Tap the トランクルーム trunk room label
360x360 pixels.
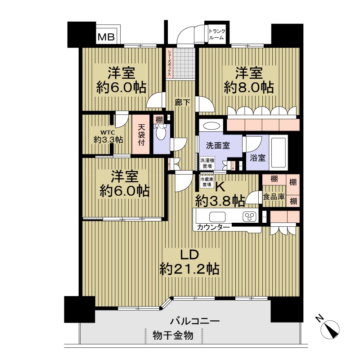click(216, 35)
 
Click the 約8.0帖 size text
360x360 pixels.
click(249, 87)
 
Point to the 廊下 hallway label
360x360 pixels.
click(182, 103)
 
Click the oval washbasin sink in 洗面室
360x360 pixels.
click(210, 126)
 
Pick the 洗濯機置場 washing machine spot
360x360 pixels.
click(207, 162)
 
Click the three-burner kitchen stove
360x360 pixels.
click(249, 216)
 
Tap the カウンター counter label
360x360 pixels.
click(213, 228)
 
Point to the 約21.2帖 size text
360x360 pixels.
click(189, 269)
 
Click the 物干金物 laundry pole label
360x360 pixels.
click(173, 336)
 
